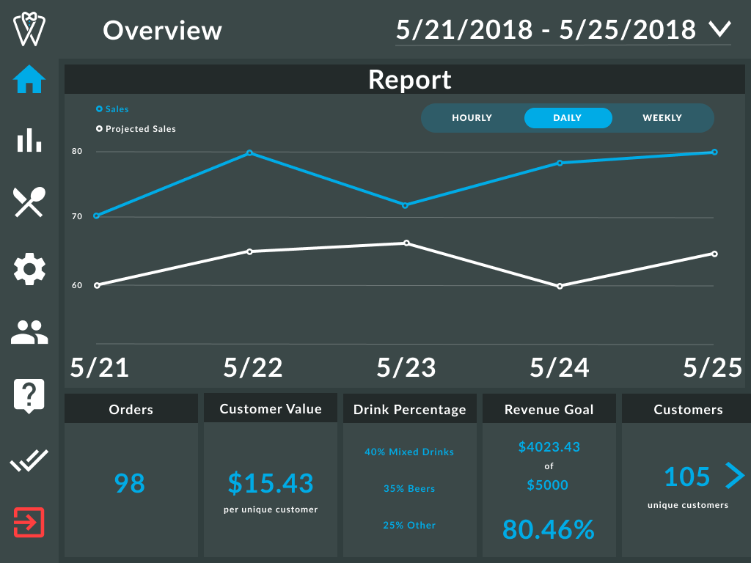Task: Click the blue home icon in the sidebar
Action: coord(29,79)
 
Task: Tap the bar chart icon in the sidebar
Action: coord(29,139)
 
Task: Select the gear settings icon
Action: coord(29,269)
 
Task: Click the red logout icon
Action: coord(29,522)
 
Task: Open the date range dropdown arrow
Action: coord(720,29)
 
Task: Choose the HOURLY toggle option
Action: coord(472,118)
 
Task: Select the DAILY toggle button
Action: coord(568,118)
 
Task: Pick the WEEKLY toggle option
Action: coord(662,118)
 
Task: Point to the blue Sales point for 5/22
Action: coord(250,152)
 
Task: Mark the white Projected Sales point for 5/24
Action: coord(560,286)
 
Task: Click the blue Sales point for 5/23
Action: coord(405,205)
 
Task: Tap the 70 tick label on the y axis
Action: coord(77,217)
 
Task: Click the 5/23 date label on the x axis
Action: coord(406,368)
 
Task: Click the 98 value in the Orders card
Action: coord(130,483)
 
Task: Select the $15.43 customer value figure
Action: coord(271,483)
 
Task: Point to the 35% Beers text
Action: coord(409,489)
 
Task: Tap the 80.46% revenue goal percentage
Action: coord(548,529)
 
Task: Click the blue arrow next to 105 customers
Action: coord(734,476)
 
